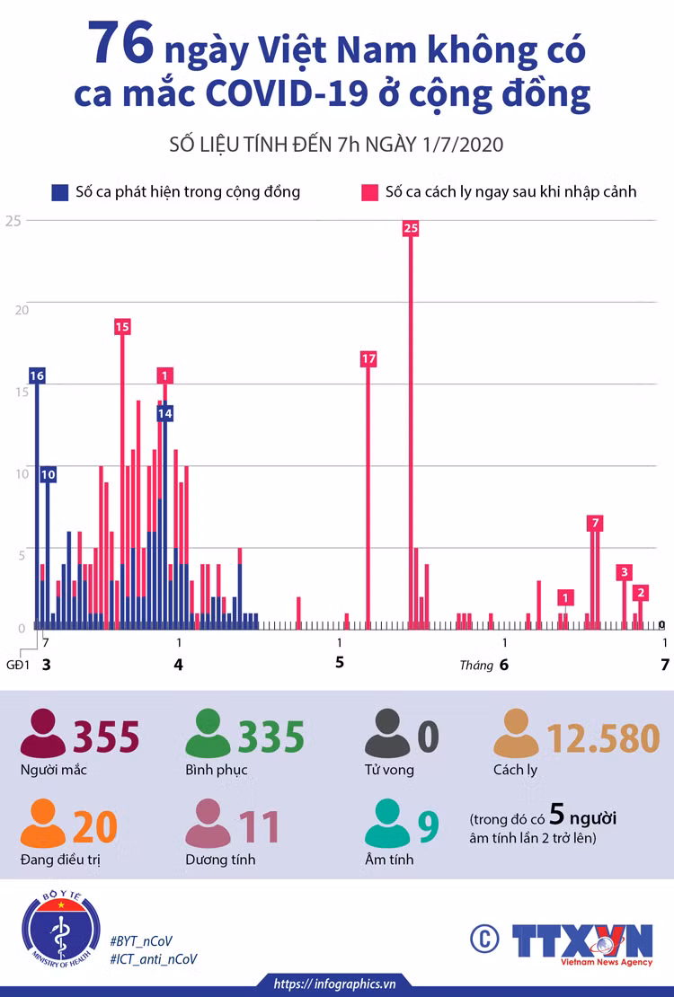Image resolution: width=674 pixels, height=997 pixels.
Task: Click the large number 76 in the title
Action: [x=121, y=43]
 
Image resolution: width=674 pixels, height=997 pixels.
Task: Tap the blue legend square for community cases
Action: [x=60, y=192]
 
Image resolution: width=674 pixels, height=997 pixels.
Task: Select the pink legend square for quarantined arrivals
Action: [x=369, y=192]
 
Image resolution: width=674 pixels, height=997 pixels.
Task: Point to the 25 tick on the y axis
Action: [x=13, y=221]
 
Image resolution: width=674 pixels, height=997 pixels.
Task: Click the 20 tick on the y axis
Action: [x=22, y=310]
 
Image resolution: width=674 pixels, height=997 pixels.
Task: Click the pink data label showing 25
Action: [x=411, y=228]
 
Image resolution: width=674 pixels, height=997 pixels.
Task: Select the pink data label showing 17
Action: [x=368, y=358]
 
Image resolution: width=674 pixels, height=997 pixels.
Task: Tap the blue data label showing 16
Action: [x=37, y=375]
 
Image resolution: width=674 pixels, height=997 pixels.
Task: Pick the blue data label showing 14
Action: [x=164, y=413]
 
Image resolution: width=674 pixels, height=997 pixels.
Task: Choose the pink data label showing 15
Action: [x=122, y=327]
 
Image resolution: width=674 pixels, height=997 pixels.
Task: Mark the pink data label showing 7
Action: [x=595, y=524]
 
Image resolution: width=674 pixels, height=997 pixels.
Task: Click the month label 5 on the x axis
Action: [x=339, y=663]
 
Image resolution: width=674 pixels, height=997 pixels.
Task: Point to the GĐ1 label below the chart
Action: [x=18, y=665]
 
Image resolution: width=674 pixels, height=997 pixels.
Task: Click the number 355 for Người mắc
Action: [x=106, y=737]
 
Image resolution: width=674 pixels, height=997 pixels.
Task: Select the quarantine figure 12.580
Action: [x=603, y=738]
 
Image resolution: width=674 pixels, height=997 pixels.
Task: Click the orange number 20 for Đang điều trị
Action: [x=95, y=826]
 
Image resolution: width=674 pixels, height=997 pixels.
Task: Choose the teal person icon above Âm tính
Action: [x=387, y=824]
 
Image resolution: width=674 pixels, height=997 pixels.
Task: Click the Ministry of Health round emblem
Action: [x=61, y=930]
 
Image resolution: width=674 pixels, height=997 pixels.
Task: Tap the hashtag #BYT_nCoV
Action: [x=141, y=941]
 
